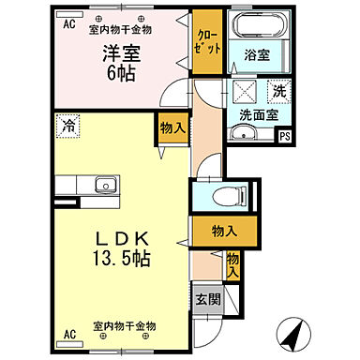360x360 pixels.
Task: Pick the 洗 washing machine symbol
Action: (x=278, y=91)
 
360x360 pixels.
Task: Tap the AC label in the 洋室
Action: (x=69, y=26)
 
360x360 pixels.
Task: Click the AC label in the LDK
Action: (x=69, y=335)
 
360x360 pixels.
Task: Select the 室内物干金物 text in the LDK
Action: (x=125, y=327)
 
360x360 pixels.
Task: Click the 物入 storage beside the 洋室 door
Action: (x=171, y=127)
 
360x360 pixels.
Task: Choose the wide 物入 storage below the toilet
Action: (x=222, y=231)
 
